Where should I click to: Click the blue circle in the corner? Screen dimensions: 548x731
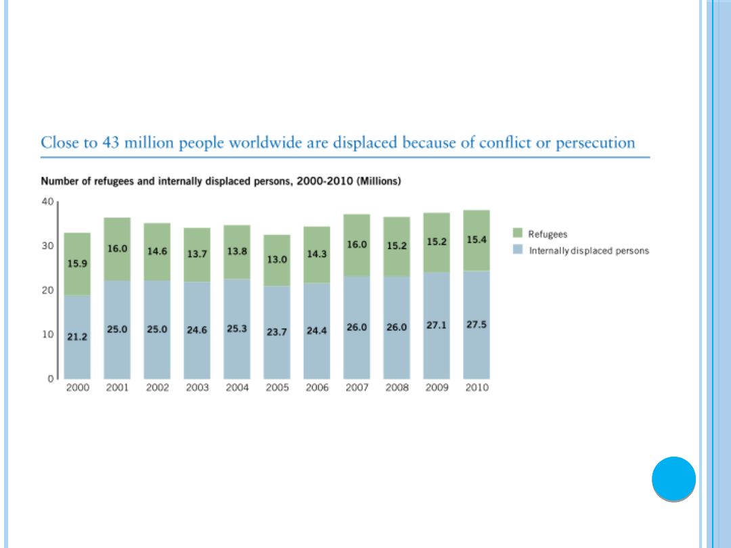tap(673, 479)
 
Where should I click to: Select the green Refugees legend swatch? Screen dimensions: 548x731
tap(518, 234)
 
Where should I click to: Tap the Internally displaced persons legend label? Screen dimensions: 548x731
tap(589, 251)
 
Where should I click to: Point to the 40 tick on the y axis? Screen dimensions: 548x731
tap(47, 202)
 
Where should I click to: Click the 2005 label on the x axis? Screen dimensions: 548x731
tap(277, 388)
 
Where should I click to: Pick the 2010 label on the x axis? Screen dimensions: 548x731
tap(477, 388)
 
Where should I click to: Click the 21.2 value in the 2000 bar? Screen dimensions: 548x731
tap(76, 336)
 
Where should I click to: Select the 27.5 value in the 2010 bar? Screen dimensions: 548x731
tap(477, 325)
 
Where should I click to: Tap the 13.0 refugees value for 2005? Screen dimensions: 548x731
tap(277, 258)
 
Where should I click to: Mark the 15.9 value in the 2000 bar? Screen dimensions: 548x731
tap(76, 263)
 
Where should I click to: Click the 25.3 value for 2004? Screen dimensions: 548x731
tap(237, 329)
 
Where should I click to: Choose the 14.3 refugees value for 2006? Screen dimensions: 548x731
tap(317, 254)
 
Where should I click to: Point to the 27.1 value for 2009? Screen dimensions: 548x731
tap(437, 325)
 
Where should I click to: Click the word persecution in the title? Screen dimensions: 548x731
tap(596, 143)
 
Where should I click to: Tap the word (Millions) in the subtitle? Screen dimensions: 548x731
tap(380, 182)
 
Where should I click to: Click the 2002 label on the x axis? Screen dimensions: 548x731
tap(157, 388)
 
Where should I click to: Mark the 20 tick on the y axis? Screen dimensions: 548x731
tap(47, 290)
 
